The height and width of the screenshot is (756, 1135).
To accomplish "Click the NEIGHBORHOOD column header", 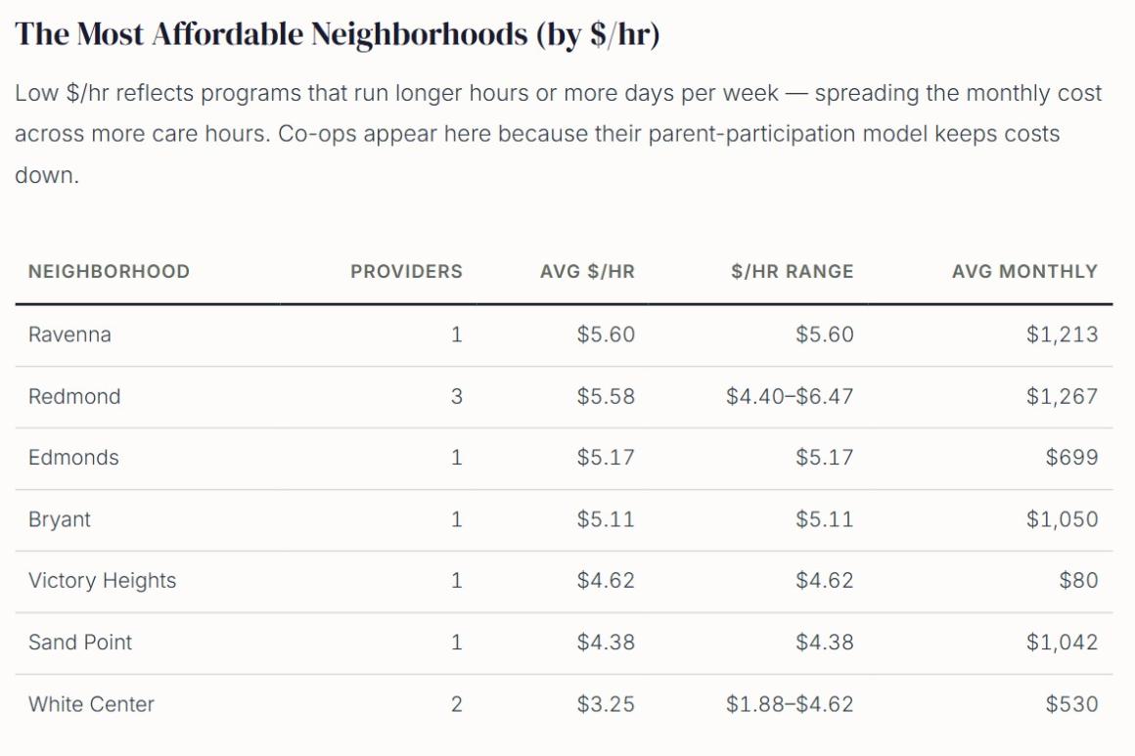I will (109, 272).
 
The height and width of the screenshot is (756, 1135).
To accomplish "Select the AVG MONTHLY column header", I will (1024, 272).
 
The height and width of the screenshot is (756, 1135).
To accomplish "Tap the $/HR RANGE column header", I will (792, 272).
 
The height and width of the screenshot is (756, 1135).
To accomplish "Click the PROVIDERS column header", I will (406, 272).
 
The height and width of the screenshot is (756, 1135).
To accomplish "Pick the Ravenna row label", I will (69, 334).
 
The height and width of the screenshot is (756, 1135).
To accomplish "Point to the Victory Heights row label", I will (102, 581).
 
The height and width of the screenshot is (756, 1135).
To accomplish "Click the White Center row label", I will (91, 704).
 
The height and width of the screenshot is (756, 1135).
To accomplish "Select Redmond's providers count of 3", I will (456, 397).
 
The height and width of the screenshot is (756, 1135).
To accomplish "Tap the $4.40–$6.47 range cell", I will (790, 397).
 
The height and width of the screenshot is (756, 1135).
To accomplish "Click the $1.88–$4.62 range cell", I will (790, 704).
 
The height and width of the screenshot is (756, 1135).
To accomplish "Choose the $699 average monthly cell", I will (1071, 458).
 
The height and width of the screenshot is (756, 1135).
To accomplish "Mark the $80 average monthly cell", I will (1078, 581).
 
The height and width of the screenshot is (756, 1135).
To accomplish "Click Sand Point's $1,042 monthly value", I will (1062, 643).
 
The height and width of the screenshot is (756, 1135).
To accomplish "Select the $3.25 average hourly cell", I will (606, 704).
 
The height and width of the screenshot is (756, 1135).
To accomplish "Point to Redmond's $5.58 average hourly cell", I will (606, 397).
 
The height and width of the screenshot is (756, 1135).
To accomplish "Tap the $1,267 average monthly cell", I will (1062, 397).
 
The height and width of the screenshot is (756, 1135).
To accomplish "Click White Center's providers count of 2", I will (456, 704).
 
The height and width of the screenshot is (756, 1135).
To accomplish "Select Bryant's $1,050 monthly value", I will (1062, 519).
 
